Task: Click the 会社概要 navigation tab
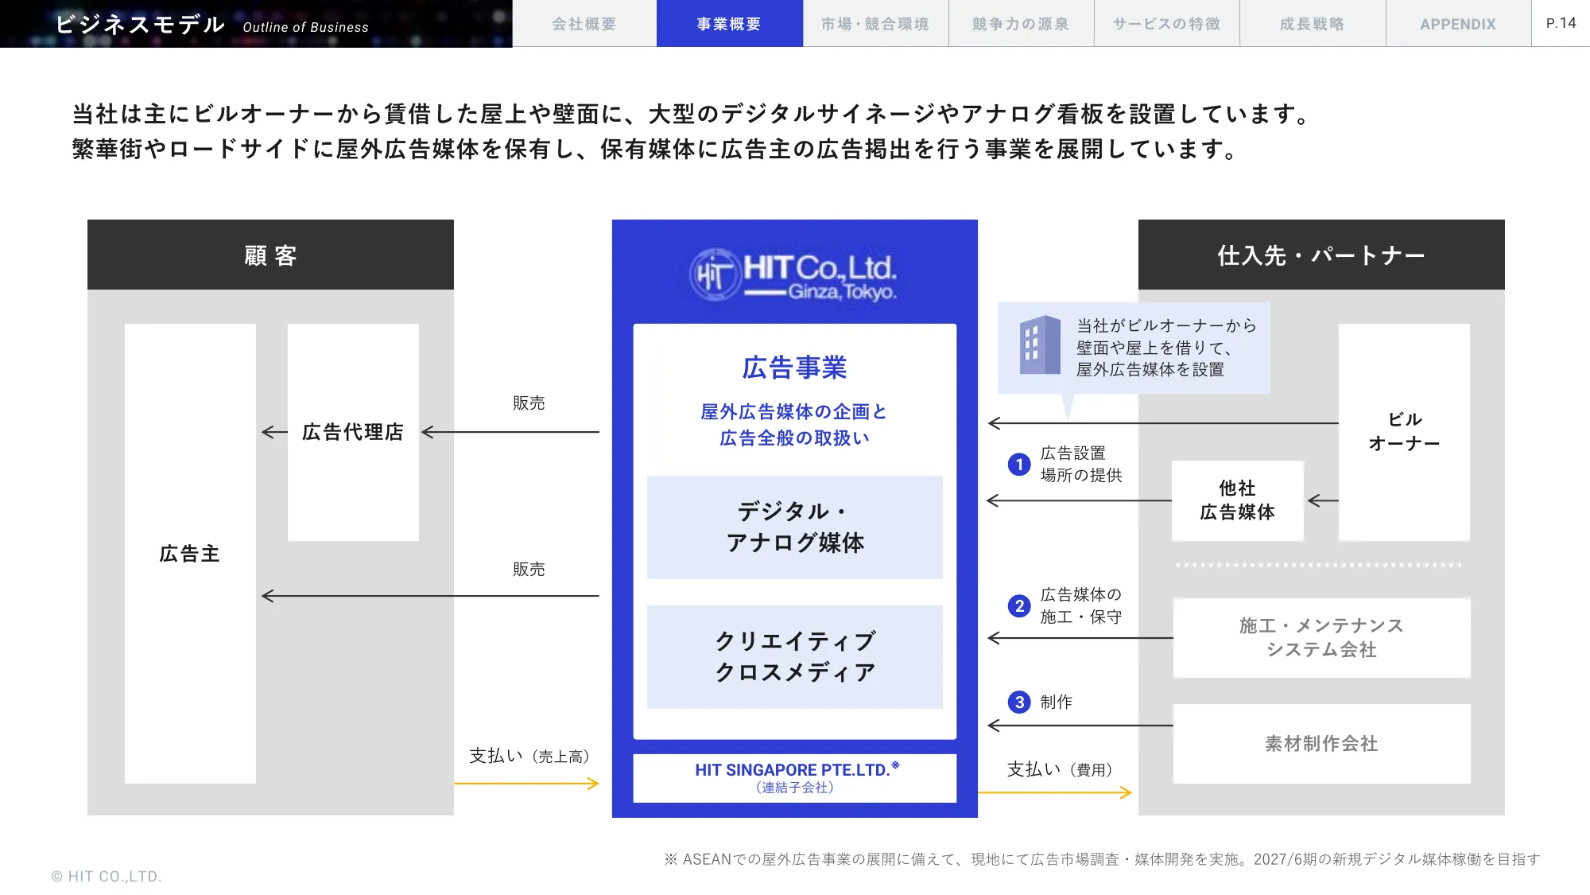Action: point(584,24)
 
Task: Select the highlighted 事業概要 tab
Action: point(729,24)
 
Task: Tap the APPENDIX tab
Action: point(1458,24)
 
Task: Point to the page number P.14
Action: point(1561,23)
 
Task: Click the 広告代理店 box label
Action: point(353,432)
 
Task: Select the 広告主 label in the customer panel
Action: point(190,554)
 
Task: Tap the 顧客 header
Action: point(270,255)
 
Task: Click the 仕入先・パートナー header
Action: point(1320,255)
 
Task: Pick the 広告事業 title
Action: point(794,368)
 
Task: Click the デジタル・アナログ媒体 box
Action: point(794,527)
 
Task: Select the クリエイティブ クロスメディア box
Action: point(794,656)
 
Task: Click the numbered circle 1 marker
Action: point(1019,465)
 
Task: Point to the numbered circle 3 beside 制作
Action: point(1019,702)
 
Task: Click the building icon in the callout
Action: point(1040,345)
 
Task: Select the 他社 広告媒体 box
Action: point(1237,500)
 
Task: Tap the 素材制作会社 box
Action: point(1321,743)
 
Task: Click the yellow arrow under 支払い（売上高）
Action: point(526,784)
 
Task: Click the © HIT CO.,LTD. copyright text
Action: point(107,876)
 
